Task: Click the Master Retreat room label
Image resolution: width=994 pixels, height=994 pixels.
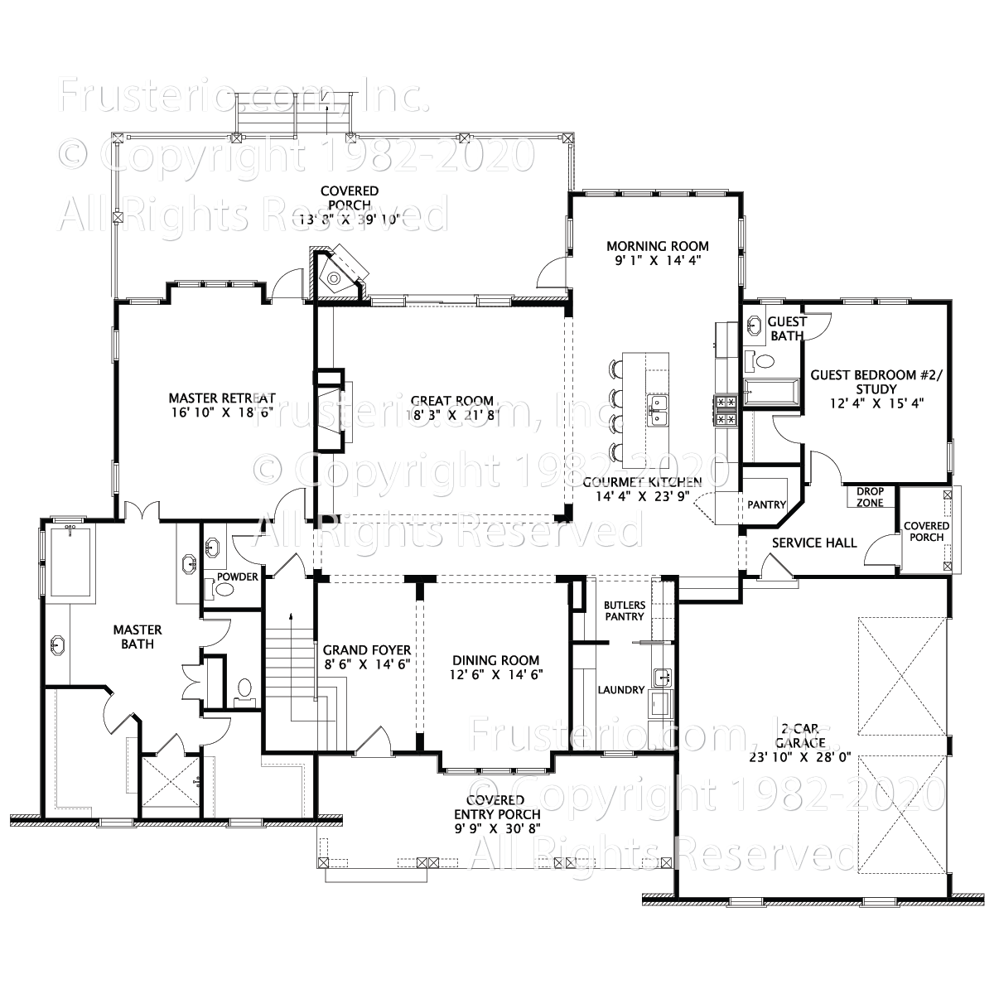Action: click(x=221, y=398)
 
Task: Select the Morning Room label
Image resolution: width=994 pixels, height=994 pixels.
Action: click(x=658, y=246)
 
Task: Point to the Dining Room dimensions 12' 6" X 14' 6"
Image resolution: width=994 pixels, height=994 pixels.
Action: click(x=496, y=674)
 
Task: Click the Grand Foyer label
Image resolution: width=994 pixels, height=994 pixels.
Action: click(x=367, y=650)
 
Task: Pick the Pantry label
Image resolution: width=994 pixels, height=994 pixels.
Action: click(x=766, y=504)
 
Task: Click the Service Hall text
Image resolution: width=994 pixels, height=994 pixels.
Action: click(x=813, y=543)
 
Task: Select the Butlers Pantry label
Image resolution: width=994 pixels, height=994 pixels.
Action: click(x=624, y=610)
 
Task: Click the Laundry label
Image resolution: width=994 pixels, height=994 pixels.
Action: click(x=621, y=689)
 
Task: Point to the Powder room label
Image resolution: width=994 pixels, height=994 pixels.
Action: click(x=238, y=577)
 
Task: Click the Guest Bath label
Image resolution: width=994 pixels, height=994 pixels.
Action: click(x=786, y=329)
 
